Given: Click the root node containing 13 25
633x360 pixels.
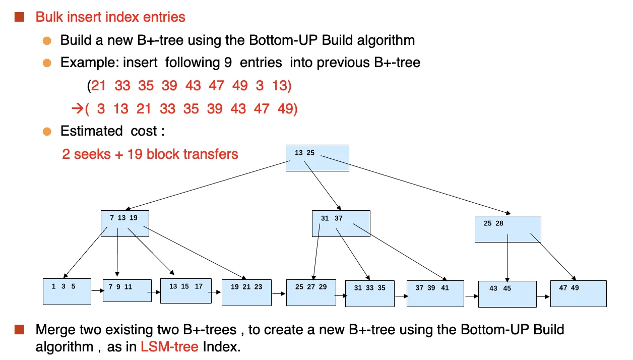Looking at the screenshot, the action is tap(318, 158).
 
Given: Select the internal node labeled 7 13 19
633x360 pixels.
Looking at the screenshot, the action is tap(125, 223).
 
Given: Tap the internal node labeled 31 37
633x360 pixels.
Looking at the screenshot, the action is tap(341, 223).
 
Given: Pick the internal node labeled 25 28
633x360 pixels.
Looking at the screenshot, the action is tap(508, 229).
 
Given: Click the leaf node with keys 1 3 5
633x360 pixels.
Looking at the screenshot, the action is tap(67, 291).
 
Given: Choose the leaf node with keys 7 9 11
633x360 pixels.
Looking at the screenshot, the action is tap(127, 291).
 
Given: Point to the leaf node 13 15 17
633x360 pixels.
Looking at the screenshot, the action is tap(186, 291).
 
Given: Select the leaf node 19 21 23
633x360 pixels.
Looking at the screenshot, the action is tap(247, 293).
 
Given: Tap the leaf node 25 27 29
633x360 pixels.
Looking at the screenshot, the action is tap(311, 293).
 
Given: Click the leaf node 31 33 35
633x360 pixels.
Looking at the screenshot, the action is tap(370, 293).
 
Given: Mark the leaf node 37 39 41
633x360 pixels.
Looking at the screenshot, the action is tap(435, 293).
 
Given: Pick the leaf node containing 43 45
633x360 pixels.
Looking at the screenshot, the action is tap(508, 294).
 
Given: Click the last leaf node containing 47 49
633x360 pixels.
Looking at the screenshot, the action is tap(579, 293).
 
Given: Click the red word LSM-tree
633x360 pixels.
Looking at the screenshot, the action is tap(169, 346).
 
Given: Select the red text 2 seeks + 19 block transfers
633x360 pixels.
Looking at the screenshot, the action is tap(150, 154).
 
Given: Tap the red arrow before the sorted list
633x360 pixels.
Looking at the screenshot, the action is tap(78, 108).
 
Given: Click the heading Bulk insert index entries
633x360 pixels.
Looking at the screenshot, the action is tap(110, 17).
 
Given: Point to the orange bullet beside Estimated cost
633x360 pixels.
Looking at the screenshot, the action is tap(47, 132).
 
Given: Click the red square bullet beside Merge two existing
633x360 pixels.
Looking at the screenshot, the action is tap(20, 329).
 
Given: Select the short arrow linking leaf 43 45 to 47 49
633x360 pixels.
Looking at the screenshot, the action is tap(543, 296).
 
